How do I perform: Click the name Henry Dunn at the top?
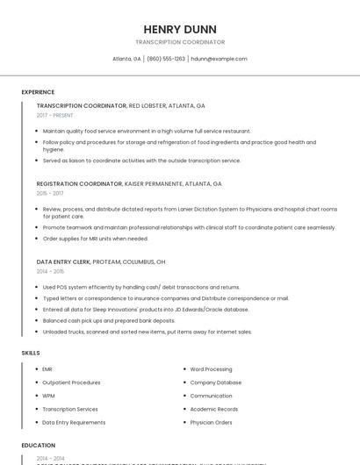point(179,29)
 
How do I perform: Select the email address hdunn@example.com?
point(219,59)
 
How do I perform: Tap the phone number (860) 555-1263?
point(166,59)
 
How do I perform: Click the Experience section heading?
point(38,92)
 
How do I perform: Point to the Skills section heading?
point(31,353)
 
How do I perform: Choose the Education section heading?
point(39,446)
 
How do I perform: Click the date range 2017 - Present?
point(54,115)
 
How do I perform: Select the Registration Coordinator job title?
point(79,184)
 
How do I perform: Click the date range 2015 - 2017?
point(50,193)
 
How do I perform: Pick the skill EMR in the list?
point(47,369)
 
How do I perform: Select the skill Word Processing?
point(211,369)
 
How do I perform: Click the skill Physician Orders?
point(211,422)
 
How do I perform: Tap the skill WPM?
point(48,396)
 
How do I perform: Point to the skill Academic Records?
point(214,409)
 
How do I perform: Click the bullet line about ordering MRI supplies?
point(96,239)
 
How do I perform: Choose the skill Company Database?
point(215,383)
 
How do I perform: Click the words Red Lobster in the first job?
point(149,105)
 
